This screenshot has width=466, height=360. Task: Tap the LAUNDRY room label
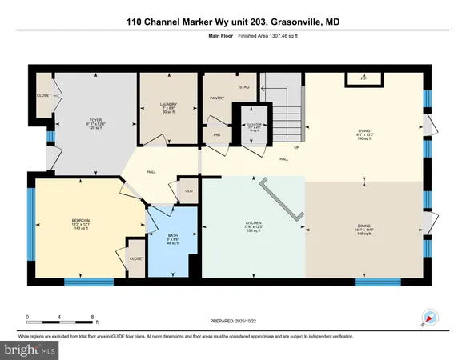click(x=168, y=104)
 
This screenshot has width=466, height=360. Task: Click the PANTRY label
click(x=215, y=98)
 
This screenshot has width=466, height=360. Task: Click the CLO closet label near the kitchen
click(x=188, y=191)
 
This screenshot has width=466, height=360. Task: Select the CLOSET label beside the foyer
click(x=44, y=95)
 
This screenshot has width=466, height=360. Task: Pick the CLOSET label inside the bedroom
click(x=137, y=258)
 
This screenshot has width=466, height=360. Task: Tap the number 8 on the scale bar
click(x=93, y=318)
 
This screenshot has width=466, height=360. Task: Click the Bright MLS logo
click(x=29, y=350)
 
